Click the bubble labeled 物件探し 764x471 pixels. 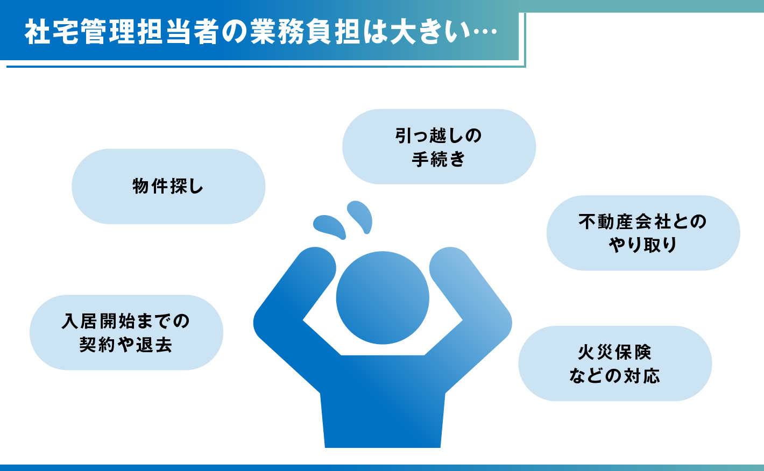pos(168,187)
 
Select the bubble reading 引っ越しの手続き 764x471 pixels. pos(439,147)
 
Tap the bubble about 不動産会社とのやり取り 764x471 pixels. pos(643,233)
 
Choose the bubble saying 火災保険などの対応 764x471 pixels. pos(615,363)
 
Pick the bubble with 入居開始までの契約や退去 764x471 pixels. pos(126,332)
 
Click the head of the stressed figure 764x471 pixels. pos(383,298)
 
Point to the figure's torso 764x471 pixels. pos(383,402)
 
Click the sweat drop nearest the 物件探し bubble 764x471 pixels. pos(329,227)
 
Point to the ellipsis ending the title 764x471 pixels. pos(483,32)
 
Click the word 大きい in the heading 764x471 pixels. pos(429,32)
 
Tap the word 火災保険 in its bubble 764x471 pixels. pos(615,352)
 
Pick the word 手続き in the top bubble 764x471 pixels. pos(438,159)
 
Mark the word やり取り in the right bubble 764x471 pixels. pos(643,245)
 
